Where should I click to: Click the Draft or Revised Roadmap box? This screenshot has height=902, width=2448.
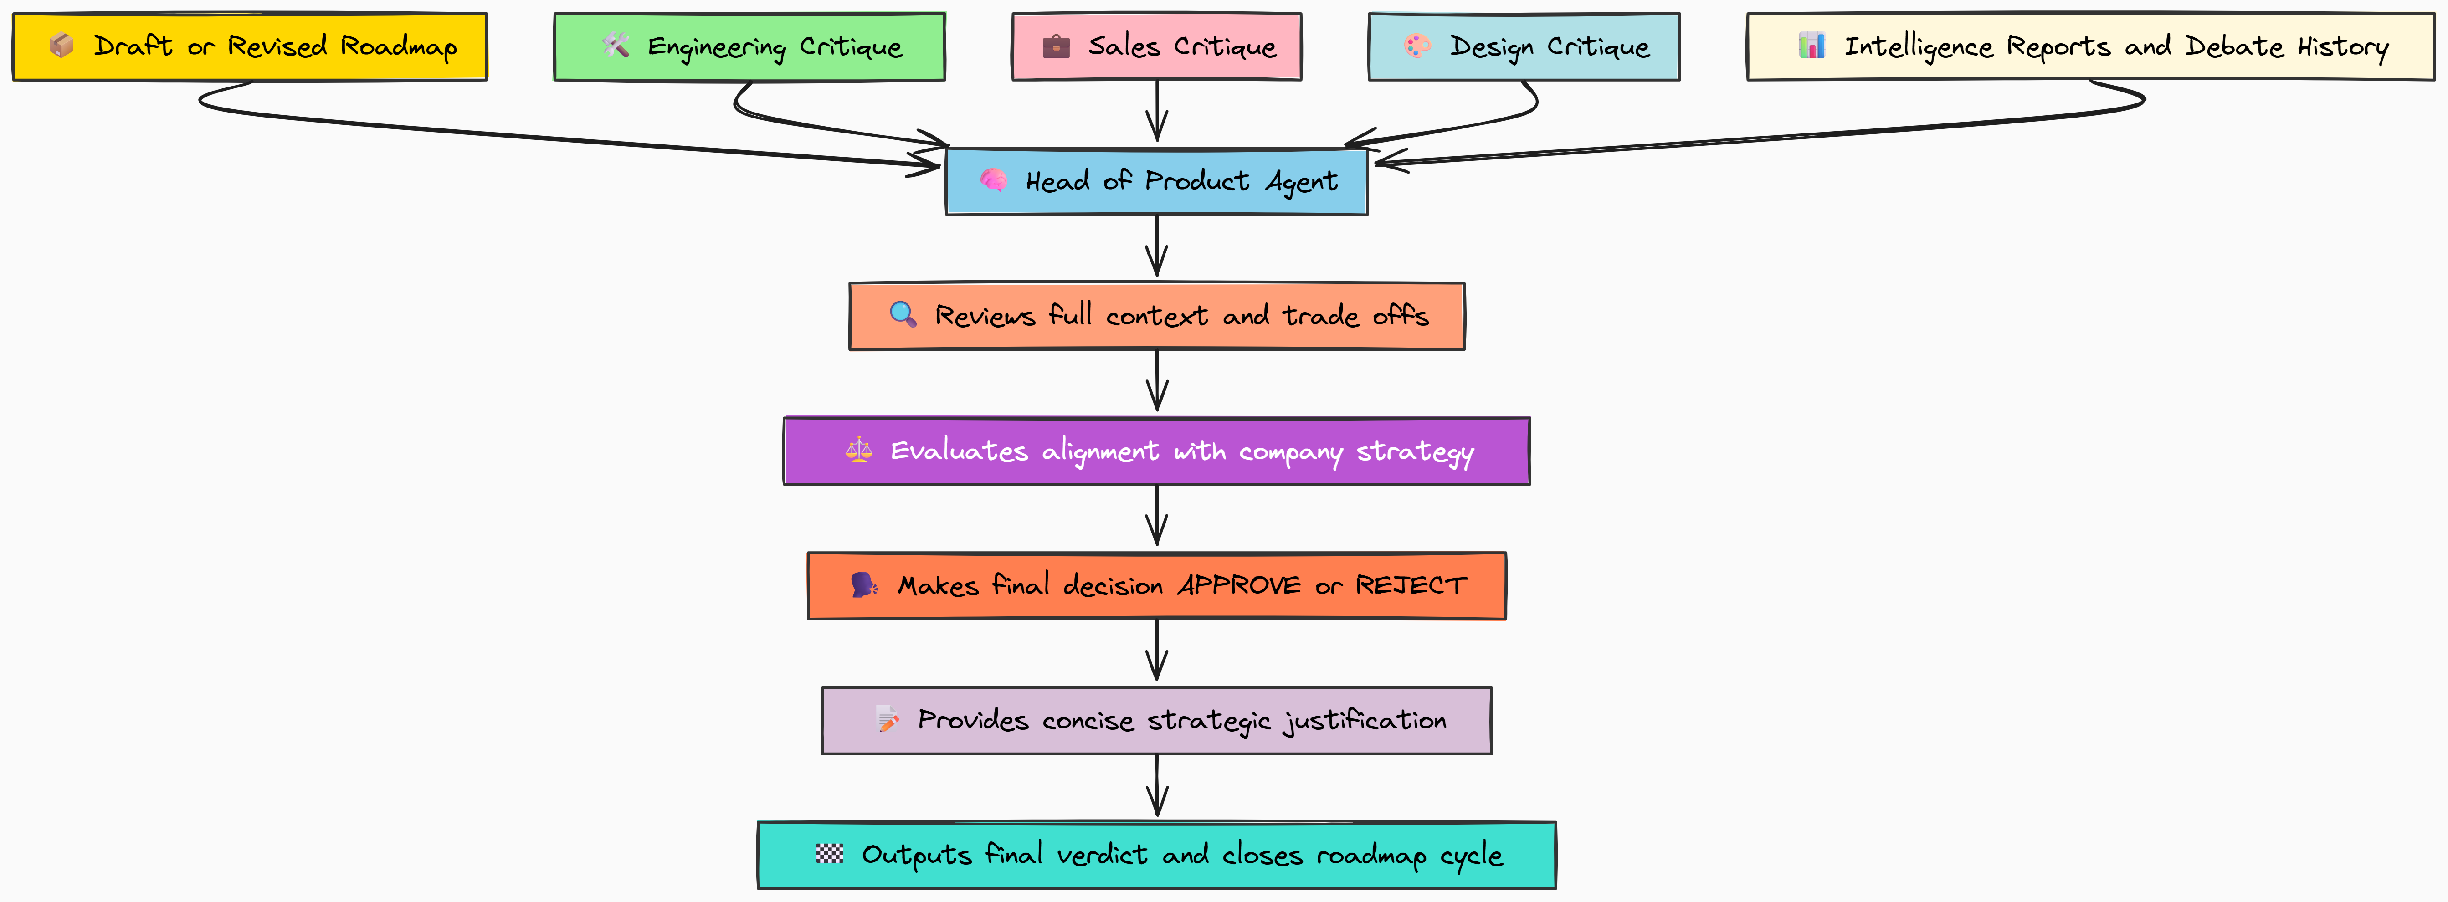(250, 46)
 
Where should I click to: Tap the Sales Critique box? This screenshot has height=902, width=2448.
(1156, 46)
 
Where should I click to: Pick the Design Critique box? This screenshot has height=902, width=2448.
(1524, 46)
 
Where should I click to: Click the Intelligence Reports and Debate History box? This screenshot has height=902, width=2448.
(2091, 46)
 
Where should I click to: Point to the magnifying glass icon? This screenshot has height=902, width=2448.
(903, 315)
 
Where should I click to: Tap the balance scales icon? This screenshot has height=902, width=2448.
(859, 451)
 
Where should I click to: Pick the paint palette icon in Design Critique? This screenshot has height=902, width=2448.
(1417, 46)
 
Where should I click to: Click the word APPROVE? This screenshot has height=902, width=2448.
(1239, 585)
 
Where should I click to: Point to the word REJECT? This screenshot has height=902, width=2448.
(1411, 585)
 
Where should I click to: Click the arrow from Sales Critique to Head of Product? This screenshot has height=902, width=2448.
(1156, 112)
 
